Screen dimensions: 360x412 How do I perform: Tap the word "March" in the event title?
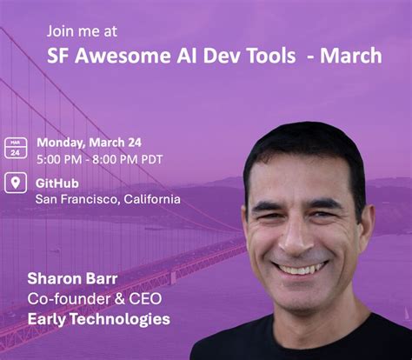click(x=350, y=57)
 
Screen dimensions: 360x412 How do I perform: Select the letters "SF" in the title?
click(x=59, y=57)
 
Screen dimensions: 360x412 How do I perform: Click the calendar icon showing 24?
click(x=15, y=147)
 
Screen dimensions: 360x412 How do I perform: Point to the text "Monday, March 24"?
click(x=89, y=143)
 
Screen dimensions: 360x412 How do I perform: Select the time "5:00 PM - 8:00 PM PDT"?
click(x=99, y=159)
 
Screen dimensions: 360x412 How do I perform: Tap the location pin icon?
click(x=15, y=183)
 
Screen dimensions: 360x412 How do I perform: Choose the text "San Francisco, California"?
click(x=108, y=199)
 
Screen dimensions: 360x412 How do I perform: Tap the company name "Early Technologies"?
click(x=98, y=319)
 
